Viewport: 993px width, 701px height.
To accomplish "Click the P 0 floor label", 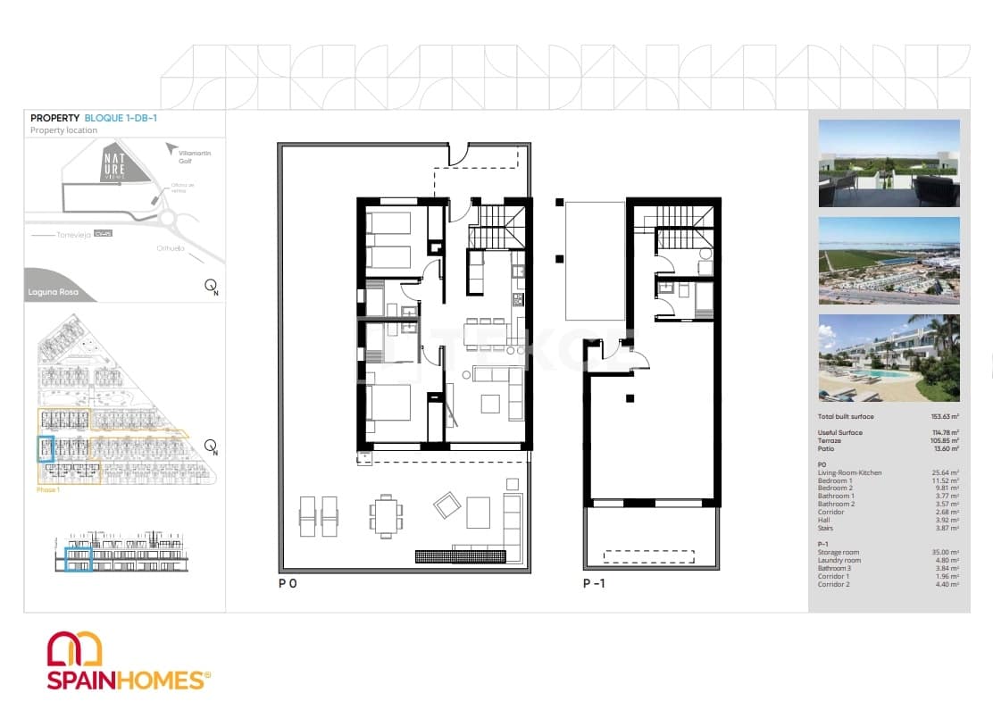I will (288, 583).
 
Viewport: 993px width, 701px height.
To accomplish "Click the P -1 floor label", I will (595, 583).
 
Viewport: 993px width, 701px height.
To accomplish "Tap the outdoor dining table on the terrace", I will (385, 515).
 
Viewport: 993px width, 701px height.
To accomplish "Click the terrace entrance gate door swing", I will (456, 155).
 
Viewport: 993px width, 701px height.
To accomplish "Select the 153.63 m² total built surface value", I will (944, 417).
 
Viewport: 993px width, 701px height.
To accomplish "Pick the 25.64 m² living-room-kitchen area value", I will (945, 472).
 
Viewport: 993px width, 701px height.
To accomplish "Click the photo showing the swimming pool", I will (889, 357).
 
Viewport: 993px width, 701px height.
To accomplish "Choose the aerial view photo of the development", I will (889, 261).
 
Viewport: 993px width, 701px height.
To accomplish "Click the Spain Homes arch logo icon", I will (74, 648).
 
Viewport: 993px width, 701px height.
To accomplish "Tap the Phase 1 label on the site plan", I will (47, 490).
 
